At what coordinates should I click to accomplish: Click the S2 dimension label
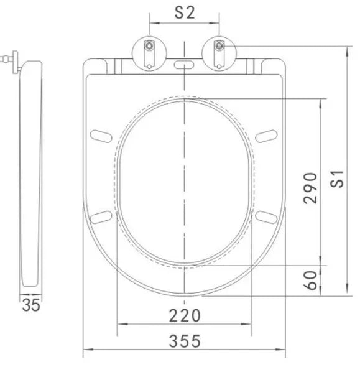[185, 13]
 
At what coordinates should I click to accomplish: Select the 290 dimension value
[310, 188]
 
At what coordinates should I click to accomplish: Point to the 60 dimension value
[310, 281]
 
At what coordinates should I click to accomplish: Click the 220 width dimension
[185, 316]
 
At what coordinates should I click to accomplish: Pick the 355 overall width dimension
[185, 341]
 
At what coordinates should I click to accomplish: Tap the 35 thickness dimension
[31, 305]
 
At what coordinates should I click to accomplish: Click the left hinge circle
[149, 53]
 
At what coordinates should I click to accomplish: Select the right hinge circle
[219, 53]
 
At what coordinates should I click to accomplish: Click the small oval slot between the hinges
[184, 65]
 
